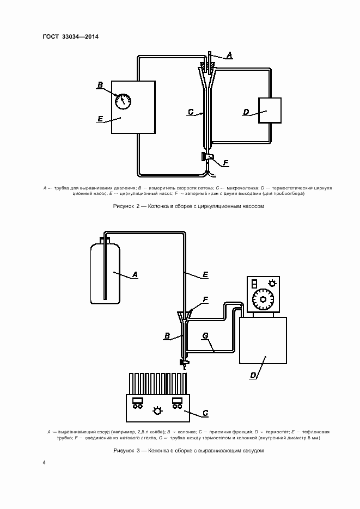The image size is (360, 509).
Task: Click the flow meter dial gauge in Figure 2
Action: (x=123, y=101)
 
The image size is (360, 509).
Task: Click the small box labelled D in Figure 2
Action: (x=270, y=111)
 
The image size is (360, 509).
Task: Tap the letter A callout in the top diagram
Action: (x=229, y=55)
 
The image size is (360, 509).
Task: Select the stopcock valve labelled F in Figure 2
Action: (x=207, y=156)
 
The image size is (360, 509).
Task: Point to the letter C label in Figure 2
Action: (x=191, y=112)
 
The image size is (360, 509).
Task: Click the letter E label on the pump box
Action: (x=100, y=119)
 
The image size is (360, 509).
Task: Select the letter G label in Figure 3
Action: (x=205, y=336)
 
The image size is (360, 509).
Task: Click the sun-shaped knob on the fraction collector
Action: (x=158, y=410)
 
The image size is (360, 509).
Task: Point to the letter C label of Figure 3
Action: (x=205, y=413)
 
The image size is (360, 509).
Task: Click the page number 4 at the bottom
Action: (x=44, y=462)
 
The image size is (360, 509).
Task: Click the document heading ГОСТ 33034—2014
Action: (x=70, y=36)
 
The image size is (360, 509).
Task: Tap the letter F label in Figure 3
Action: (x=205, y=299)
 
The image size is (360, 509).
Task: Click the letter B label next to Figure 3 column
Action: (x=167, y=336)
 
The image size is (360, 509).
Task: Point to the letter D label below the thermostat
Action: (x=253, y=376)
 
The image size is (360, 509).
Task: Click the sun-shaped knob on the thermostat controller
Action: (x=271, y=283)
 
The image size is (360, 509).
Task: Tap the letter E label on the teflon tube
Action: (x=205, y=274)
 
